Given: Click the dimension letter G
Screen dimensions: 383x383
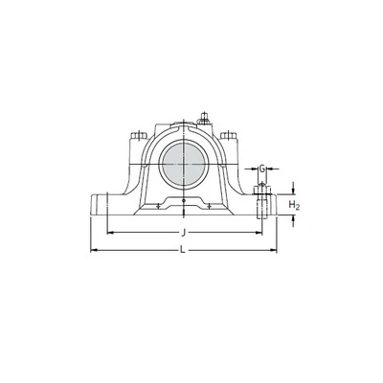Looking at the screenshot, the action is click(262, 169).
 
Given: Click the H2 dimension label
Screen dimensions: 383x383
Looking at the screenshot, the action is click(294, 205).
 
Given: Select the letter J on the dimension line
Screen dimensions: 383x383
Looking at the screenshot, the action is click(183, 234).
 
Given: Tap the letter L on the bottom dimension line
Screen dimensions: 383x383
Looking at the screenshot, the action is click(183, 250).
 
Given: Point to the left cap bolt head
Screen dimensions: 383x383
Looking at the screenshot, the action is click(139, 135).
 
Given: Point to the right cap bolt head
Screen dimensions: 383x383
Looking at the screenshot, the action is click(229, 135).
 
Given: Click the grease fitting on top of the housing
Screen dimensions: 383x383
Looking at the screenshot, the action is click(203, 118).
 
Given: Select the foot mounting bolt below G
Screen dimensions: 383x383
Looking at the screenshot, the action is click(262, 201).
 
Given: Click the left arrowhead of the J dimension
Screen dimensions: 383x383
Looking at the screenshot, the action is click(110, 233).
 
